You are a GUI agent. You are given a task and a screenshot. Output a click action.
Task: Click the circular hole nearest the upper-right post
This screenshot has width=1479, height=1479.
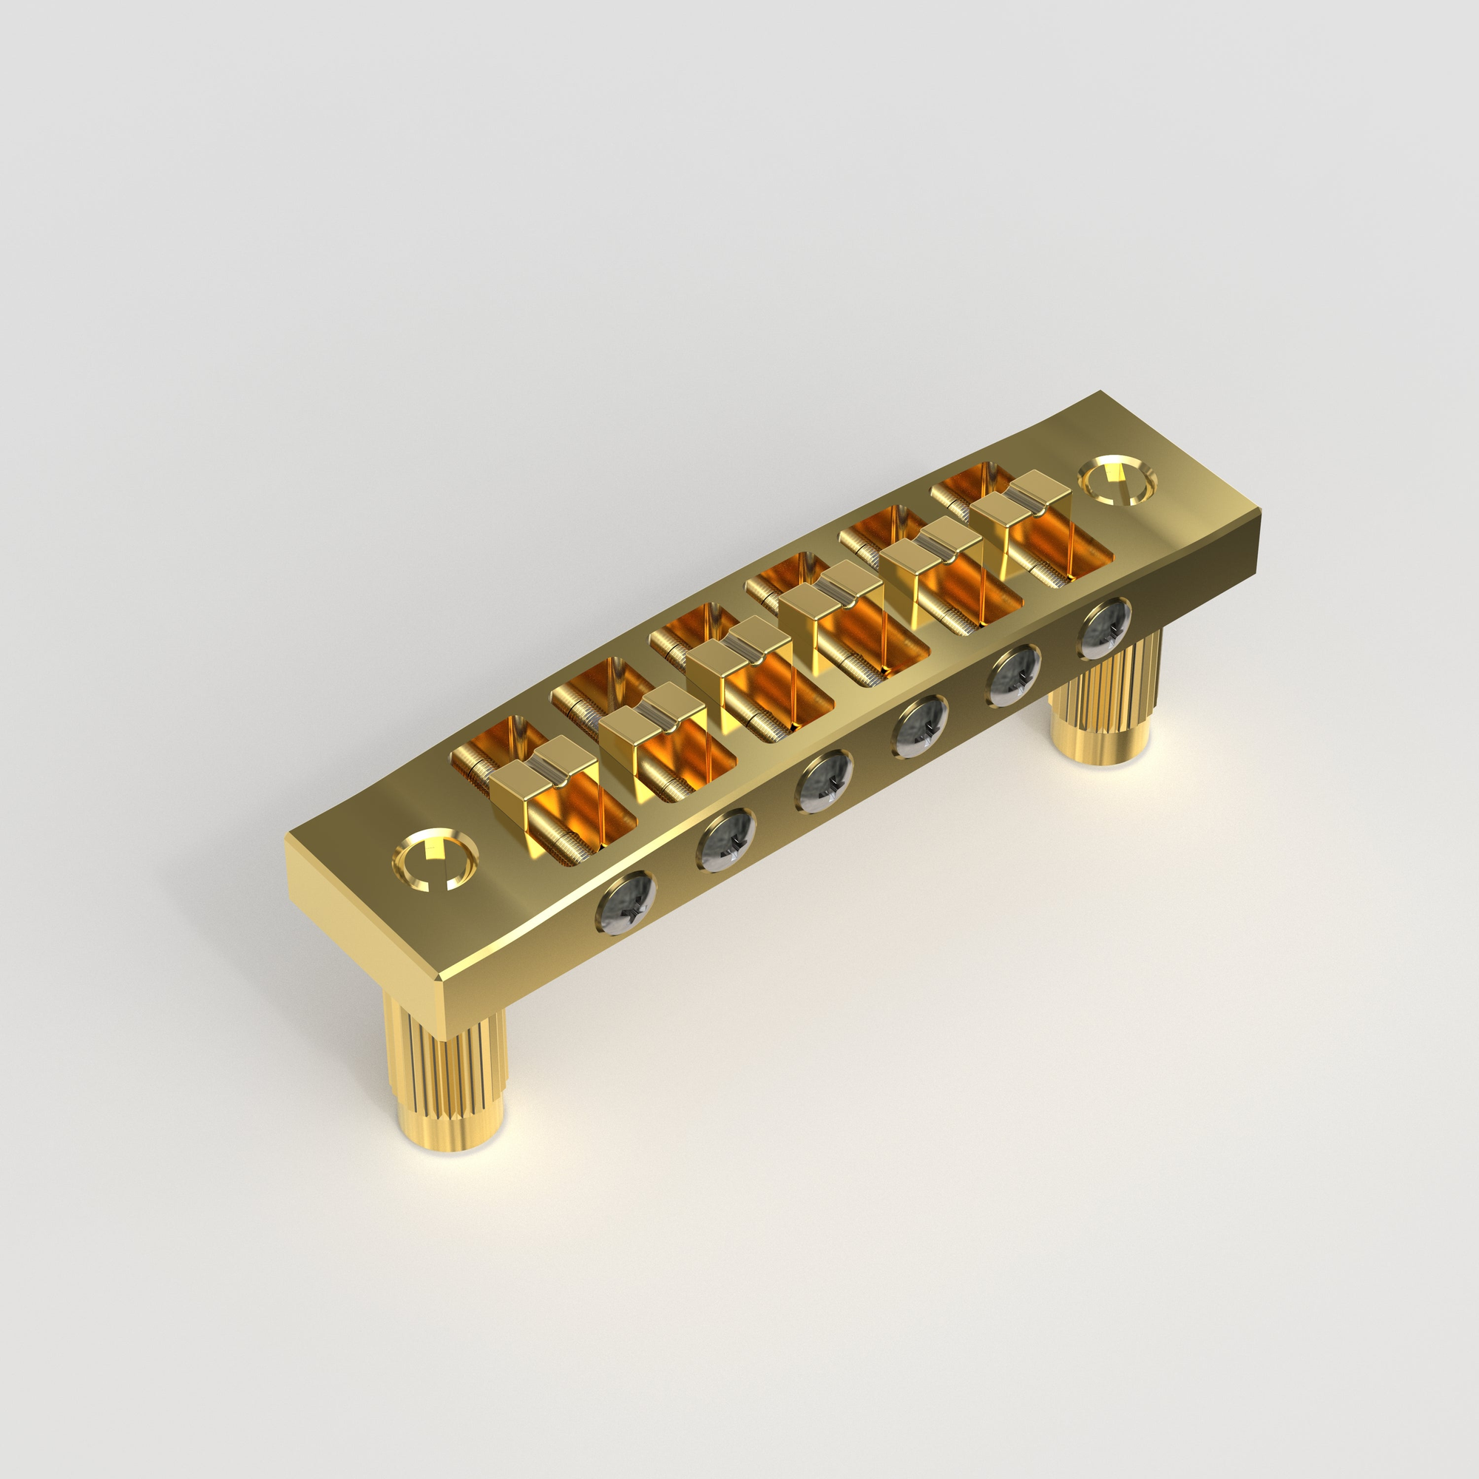click(1117, 480)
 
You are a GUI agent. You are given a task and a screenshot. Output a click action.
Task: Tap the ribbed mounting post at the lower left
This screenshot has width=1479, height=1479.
click(444, 1072)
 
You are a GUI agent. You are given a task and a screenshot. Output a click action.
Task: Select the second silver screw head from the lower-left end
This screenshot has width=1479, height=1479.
click(726, 842)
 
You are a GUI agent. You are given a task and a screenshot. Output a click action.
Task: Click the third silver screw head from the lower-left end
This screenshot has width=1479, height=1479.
click(825, 782)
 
